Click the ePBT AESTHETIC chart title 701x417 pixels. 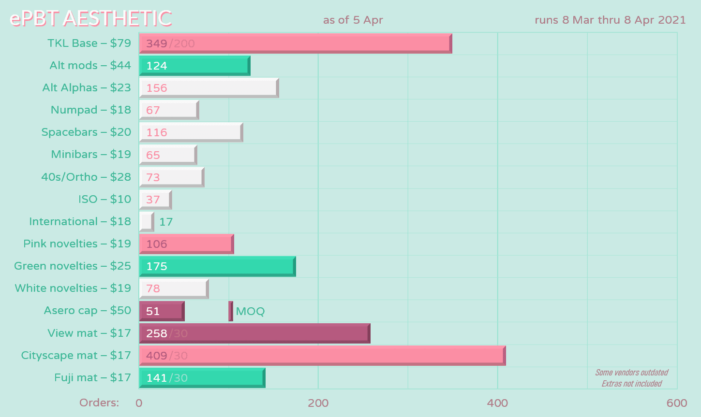click(91, 18)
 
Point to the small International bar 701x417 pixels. click(146, 222)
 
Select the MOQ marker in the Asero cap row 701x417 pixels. click(231, 311)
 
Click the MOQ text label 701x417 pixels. click(250, 311)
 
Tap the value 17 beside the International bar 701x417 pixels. click(166, 222)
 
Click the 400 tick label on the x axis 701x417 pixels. click(497, 403)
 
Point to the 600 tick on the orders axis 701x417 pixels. click(676, 403)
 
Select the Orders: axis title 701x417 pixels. click(99, 403)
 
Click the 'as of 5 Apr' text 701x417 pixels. click(353, 20)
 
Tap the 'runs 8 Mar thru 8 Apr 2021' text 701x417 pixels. click(610, 20)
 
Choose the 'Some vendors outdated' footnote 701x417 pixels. click(631, 373)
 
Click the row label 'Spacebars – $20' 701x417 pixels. click(86, 132)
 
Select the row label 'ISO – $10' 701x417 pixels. click(104, 199)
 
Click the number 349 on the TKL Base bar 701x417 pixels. click(157, 43)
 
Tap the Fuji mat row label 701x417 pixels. click(92, 377)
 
